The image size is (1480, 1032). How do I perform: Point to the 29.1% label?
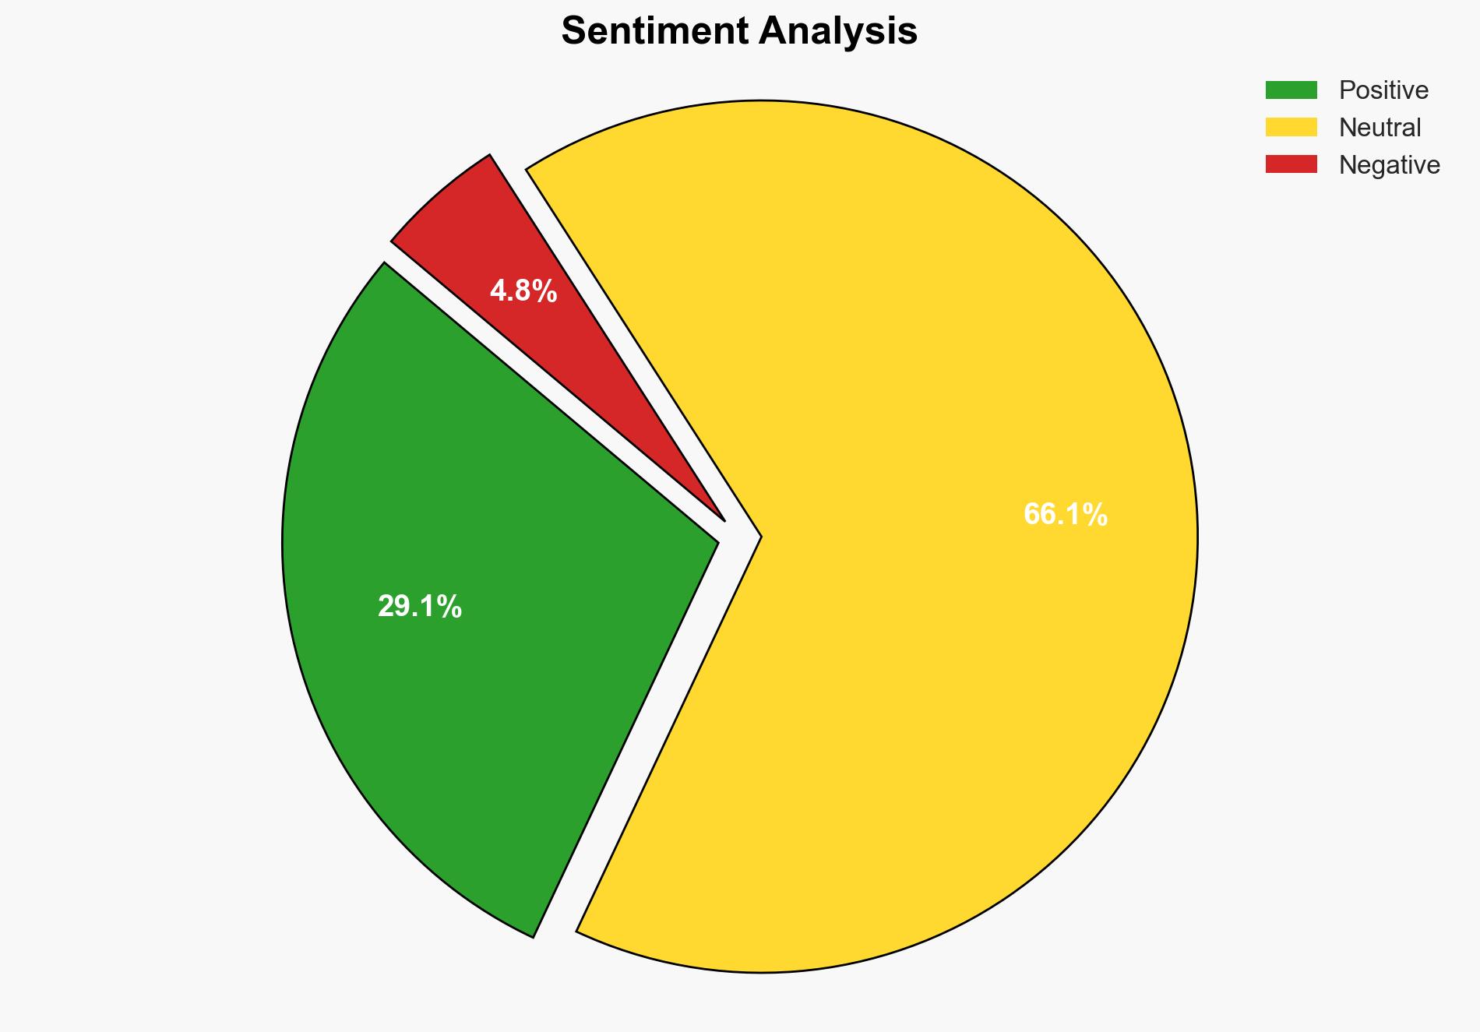pyautogui.click(x=419, y=607)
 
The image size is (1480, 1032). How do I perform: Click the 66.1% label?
pyautogui.click(x=1065, y=515)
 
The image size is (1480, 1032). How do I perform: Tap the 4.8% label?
pyautogui.click(x=523, y=291)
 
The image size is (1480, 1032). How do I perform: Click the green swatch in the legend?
pyautogui.click(x=1291, y=90)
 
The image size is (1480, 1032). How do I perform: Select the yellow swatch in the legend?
pyautogui.click(x=1291, y=127)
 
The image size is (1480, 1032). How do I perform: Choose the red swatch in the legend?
pyautogui.click(x=1291, y=164)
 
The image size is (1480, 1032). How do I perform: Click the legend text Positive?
pyautogui.click(x=1383, y=90)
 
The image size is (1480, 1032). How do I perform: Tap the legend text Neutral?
pyautogui.click(x=1380, y=128)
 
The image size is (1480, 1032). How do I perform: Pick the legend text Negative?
pyautogui.click(x=1389, y=165)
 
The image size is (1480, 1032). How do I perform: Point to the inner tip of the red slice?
pyautogui.click(x=724, y=520)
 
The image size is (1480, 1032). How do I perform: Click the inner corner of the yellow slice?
pyautogui.click(x=759, y=537)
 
